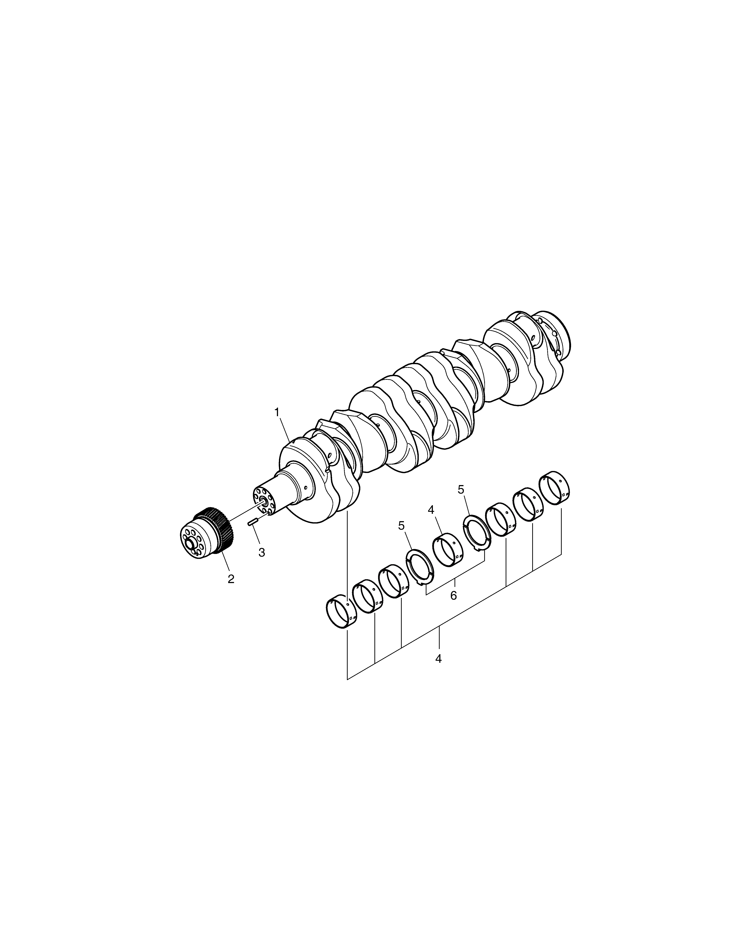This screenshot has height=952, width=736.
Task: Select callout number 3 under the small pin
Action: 262,552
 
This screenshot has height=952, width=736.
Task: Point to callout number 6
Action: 453,596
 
